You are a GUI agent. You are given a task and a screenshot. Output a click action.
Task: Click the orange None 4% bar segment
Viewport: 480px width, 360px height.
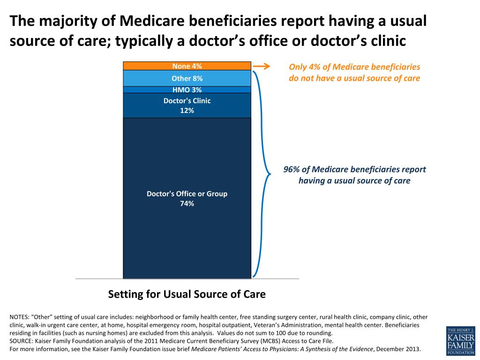click(141, 66)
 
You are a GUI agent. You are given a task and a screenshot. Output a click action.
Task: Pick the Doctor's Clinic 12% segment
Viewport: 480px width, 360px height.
click(141, 105)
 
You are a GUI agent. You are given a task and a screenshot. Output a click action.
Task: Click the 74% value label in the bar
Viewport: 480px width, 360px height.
click(187, 203)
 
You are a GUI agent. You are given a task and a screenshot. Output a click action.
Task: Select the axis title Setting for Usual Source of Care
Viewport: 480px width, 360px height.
click(187, 294)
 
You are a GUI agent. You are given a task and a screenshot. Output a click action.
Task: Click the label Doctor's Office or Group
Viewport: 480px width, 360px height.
click(187, 194)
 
